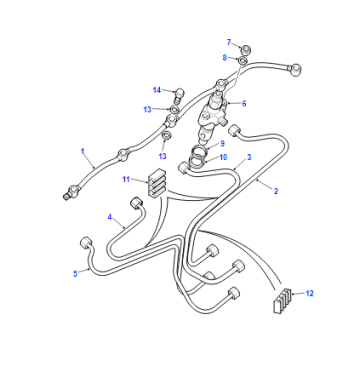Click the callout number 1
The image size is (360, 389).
[x=83, y=151]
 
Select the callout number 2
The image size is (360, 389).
[x=276, y=191]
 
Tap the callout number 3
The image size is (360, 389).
[x=249, y=157]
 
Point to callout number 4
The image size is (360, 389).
[x=110, y=217]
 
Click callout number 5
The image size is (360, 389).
[x=76, y=274]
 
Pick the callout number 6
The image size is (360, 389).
[x=244, y=103]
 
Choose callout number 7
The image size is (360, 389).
[x=229, y=42]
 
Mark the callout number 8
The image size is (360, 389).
[x=225, y=58]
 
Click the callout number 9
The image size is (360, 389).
[x=222, y=143]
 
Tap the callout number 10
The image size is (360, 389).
[x=223, y=157]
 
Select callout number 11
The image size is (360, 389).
[x=126, y=179]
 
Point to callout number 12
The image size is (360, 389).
[x=310, y=293]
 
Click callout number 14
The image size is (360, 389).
[x=157, y=90]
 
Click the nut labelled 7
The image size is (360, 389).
[x=246, y=50]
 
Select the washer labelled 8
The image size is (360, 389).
[x=243, y=61]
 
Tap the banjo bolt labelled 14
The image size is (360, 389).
[x=179, y=94]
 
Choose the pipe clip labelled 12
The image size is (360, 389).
[x=282, y=300]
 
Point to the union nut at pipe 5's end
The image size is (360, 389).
[x=86, y=242]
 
